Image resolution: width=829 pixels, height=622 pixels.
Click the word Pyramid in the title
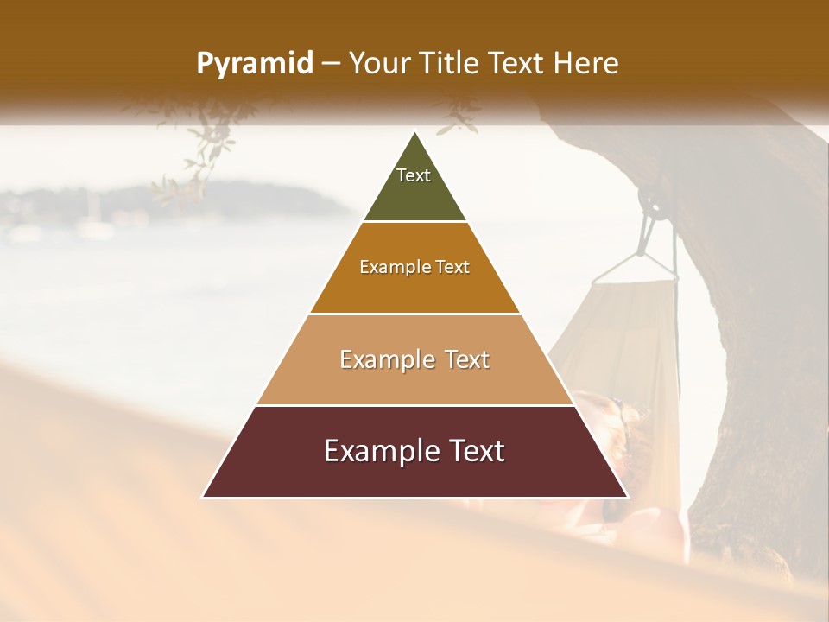coord(254,64)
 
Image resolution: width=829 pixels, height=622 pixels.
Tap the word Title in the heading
coord(449,64)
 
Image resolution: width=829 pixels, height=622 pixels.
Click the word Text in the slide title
coord(517,64)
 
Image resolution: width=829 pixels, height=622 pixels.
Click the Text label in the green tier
coord(414,175)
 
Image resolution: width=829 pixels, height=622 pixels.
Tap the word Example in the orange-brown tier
coord(394,268)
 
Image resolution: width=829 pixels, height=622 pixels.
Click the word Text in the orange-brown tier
coord(452,268)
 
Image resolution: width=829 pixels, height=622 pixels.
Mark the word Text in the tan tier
coord(467,360)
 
